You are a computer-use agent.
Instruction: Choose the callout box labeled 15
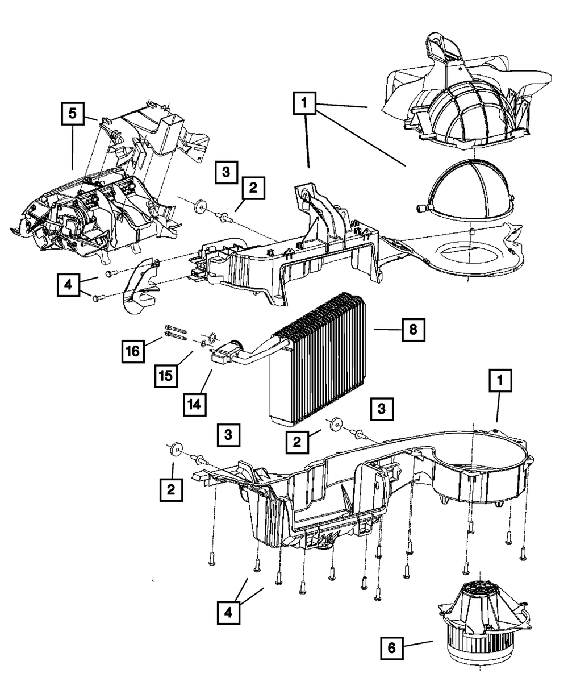coord(166,375)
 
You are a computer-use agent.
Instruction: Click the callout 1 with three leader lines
coord(305,105)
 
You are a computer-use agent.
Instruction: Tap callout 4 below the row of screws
coord(228,613)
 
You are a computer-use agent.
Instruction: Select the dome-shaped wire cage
coord(471,190)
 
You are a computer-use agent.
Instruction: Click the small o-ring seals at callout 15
coord(208,340)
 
